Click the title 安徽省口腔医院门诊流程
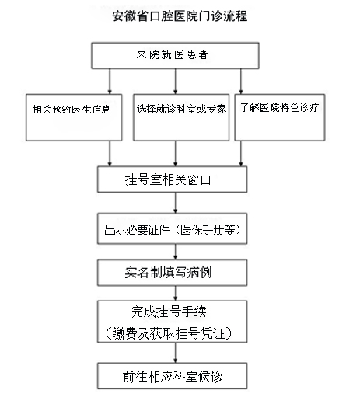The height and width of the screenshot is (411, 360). (180, 16)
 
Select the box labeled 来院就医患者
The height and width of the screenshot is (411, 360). (175, 56)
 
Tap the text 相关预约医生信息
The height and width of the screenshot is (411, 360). (72, 110)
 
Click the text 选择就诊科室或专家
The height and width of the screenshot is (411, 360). (181, 109)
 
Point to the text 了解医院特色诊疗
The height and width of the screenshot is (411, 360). (279, 107)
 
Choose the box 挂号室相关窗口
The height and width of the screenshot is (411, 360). (172, 179)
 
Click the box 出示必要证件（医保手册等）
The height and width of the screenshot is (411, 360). (172, 229)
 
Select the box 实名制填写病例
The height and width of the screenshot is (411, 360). (172, 273)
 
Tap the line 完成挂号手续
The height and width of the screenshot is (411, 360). (169, 312)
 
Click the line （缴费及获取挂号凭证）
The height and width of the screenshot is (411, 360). (169, 333)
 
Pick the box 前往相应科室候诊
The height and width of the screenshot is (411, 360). (172, 376)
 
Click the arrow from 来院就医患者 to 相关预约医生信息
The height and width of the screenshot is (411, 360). (110, 82)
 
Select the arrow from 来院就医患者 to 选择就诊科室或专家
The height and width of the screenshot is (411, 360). (175, 82)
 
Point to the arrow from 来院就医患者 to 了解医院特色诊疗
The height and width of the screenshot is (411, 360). (241, 82)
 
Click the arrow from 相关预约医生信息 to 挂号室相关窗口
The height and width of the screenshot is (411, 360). (110, 154)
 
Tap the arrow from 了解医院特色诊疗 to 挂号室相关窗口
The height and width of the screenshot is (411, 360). (241, 154)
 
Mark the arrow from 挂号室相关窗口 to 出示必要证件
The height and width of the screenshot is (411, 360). (175, 203)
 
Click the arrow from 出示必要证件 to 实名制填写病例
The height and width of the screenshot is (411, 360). (175, 252)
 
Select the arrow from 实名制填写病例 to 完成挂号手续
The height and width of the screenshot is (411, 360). (175, 293)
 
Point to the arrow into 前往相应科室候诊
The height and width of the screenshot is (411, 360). (175, 353)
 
